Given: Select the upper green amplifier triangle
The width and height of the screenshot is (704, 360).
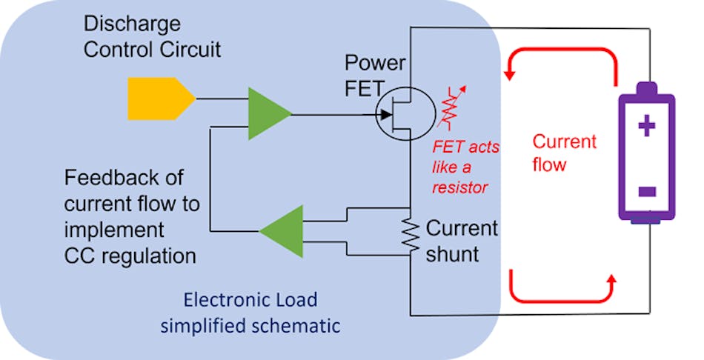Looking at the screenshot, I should pos(268,114).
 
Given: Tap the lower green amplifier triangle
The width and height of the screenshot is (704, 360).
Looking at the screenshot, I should pos(283,231).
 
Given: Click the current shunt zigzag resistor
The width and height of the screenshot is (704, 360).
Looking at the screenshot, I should pos(407,236).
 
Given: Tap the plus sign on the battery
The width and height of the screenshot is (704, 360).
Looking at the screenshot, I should pos(646,127).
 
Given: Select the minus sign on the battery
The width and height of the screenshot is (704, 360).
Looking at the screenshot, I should pos(646,192).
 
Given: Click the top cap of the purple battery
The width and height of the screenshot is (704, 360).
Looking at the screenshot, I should pos(646,88).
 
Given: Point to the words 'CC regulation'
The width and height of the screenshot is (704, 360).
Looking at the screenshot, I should pos(130,256).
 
